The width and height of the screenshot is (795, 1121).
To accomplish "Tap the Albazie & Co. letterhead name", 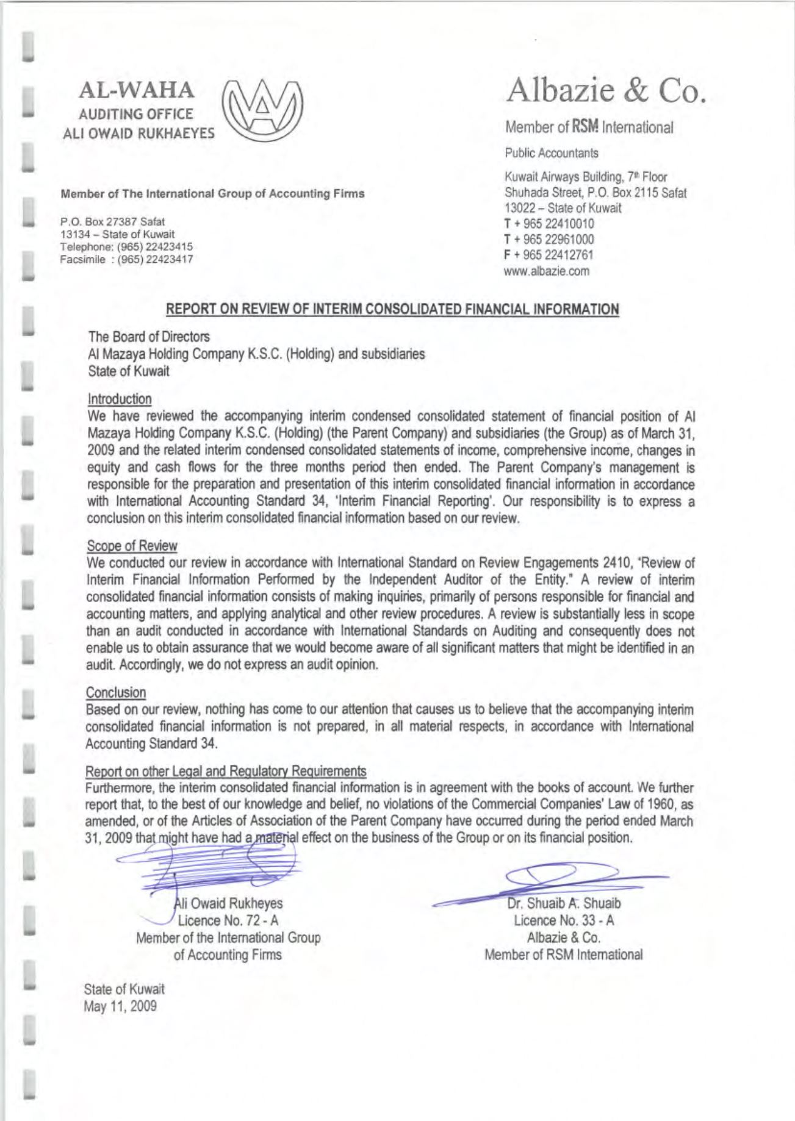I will tap(605, 91).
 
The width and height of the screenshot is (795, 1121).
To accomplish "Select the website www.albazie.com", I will tap(547, 271).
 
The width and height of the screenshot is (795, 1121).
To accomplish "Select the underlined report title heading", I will tap(392, 309).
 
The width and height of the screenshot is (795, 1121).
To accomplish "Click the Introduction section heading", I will tap(120, 399).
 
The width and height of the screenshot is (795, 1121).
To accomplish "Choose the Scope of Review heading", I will tap(132, 546).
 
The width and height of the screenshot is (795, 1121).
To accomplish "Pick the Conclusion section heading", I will tap(116, 693).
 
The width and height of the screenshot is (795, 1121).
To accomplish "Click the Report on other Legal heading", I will tap(226, 772).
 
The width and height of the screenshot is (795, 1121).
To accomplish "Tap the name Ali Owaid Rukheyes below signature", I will tap(229, 903).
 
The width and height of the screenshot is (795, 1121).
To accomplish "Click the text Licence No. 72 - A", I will tap(228, 920).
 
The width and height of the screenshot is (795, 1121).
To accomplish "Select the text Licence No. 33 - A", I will tap(564, 920).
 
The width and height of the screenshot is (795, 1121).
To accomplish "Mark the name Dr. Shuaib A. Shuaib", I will tap(564, 903).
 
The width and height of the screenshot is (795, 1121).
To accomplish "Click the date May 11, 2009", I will tap(120, 1006).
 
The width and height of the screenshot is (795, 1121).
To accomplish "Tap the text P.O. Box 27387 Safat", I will tap(112, 221).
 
